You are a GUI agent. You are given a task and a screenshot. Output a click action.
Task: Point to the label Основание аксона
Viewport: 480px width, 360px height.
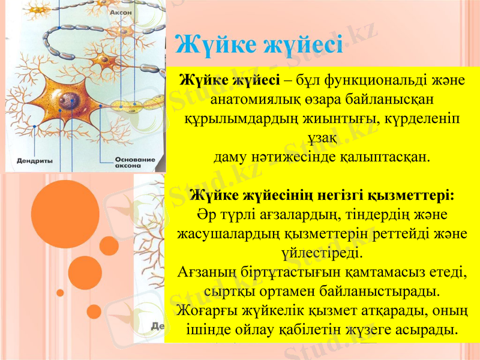134,163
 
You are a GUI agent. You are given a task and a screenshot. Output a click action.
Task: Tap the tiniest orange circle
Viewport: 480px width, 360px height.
60,293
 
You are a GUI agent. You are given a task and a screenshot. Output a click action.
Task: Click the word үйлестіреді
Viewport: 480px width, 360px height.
321,253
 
